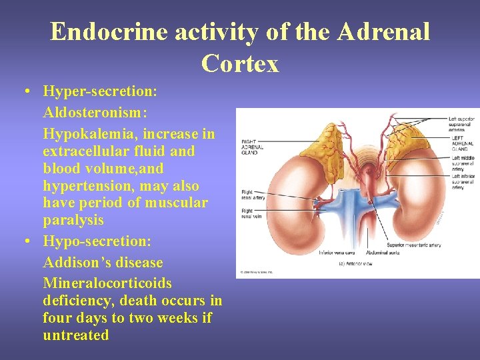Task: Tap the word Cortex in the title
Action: coord(239,63)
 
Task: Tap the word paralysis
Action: coord(73,220)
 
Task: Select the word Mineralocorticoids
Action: coord(107,283)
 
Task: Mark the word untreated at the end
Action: coord(76,335)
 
